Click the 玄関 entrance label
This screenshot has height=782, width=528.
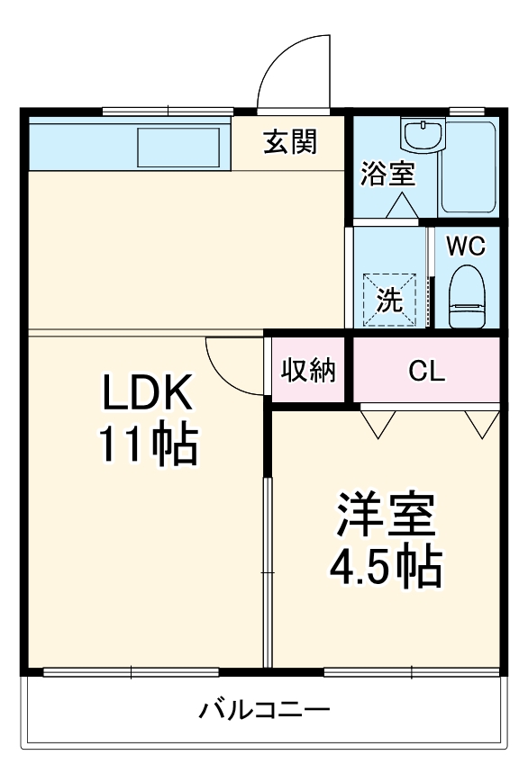(290, 142)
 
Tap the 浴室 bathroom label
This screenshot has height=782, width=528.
(388, 174)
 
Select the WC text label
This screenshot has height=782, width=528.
(467, 245)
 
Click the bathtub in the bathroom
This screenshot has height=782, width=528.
(470, 166)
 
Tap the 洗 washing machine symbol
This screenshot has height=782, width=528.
(390, 299)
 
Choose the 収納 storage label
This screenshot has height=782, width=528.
(308, 370)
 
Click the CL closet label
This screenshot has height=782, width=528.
(426, 371)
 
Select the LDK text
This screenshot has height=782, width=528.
(147, 394)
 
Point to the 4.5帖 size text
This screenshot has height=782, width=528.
(385, 566)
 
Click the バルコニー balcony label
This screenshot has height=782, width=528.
(264, 710)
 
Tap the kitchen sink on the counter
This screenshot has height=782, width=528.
(178, 146)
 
